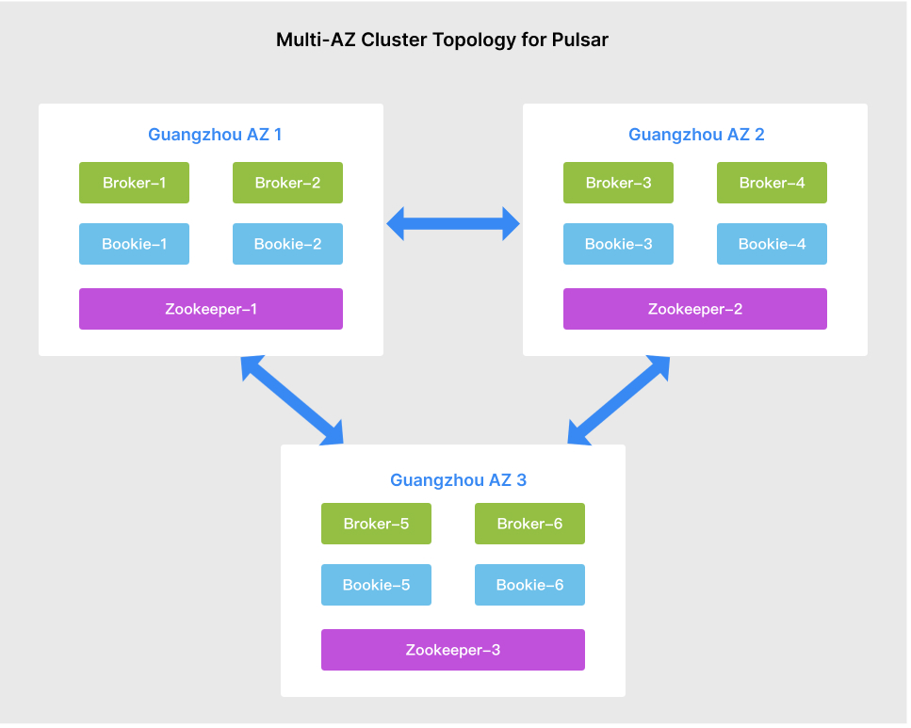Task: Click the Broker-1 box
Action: (134, 183)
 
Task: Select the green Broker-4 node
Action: (772, 183)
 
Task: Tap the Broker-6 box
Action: (529, 524)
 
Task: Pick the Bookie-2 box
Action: (287, 244)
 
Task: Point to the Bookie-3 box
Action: (618, 244)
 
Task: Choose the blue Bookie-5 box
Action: (376, 585)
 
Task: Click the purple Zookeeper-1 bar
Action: (210, 309)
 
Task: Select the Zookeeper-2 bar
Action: (694, 309)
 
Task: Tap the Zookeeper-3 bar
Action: (452, 650)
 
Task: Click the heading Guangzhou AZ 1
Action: (215, 135)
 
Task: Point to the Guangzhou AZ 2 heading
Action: (696, 135)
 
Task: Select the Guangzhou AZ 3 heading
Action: (458, 480)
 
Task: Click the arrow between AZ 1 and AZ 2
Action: (453, 224)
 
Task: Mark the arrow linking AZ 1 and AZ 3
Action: (292, 399)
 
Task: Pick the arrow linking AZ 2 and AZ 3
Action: (618, 399)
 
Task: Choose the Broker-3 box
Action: (618, 183)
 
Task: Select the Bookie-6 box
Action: (529, 585)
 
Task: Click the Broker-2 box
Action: (287, 183)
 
